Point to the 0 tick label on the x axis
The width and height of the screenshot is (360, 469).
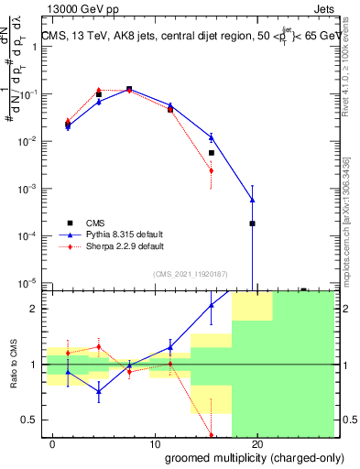point(53,443)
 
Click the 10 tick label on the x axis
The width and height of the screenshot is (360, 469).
point(155,443)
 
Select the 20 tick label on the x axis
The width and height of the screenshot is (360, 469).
point(256,443)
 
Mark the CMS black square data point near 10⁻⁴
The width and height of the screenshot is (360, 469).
point(252,224)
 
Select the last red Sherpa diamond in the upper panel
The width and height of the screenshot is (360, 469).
point(212,170)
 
